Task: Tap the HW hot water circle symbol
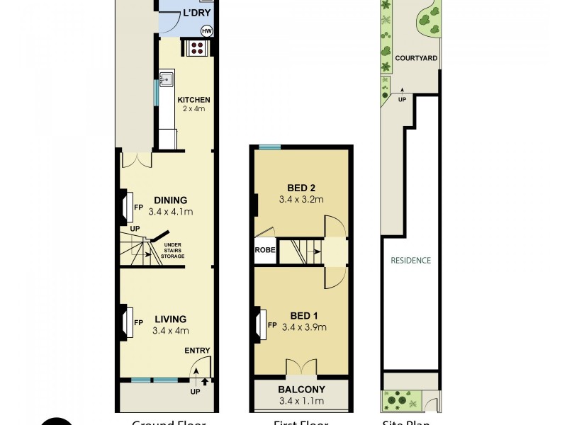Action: click(207, 31)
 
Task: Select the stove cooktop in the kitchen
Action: click(196, 48)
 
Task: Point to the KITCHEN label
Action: click(193, 100)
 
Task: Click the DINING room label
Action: click(171, 200)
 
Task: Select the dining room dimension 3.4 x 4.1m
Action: click(171, 212)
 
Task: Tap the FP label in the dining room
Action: click(139, 207)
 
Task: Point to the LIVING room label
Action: click(171, 319)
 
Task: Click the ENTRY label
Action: click(196, 351)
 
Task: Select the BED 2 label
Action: click(301, 188)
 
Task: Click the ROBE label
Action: click(265, 250)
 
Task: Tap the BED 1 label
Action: click(301, 315)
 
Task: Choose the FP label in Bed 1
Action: click(272, 325)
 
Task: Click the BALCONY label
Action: click(301, 390)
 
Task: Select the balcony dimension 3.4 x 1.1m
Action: click(301, 402)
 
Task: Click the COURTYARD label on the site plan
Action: click(416, 59)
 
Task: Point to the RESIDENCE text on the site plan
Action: click(410, 260)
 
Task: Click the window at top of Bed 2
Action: click(269, 147)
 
